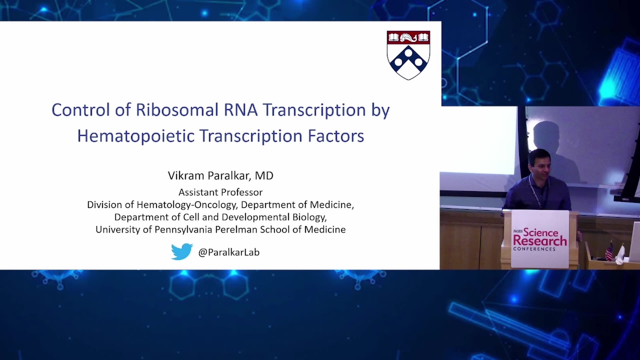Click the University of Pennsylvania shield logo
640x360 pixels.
pyautogui.click(x=408, y=55)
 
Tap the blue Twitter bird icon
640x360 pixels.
pyautogui.click(x=182, y=252)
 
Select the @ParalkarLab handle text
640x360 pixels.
pyautogui.click(x=229, y=252)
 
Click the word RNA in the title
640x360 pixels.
pyautogui.click(x=241, y=110)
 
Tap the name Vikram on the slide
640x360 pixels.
pyautogui.click(x=186, y=176)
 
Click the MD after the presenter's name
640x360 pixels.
pyautogui.click(x=264, y=176)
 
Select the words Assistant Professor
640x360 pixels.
pyautogui.click(x=220, y=192)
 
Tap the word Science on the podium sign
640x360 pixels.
pyautogui.click(x=541, y=232)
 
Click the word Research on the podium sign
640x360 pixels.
pyautogui.click(x=540, y=241)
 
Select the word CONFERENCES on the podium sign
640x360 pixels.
pyautogui.click(x=534, y=249)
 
